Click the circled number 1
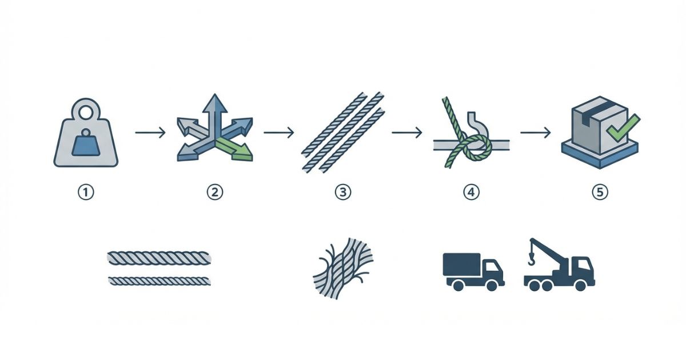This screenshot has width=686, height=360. (86, 192)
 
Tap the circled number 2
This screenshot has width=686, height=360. (215, 192)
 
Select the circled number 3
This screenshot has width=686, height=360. (343, 192)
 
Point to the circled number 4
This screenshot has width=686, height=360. (471, 192)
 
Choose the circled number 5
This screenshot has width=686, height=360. (600, 192)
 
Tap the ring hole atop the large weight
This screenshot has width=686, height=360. (86, 112)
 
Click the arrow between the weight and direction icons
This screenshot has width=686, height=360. (150, 133)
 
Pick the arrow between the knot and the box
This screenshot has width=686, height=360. (536, 133)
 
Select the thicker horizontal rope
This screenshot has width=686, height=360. (159, 258)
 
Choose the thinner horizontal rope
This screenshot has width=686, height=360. (159, 281)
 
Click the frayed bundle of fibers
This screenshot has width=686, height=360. (343, 268)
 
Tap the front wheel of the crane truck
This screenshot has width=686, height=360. (580, 285)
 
